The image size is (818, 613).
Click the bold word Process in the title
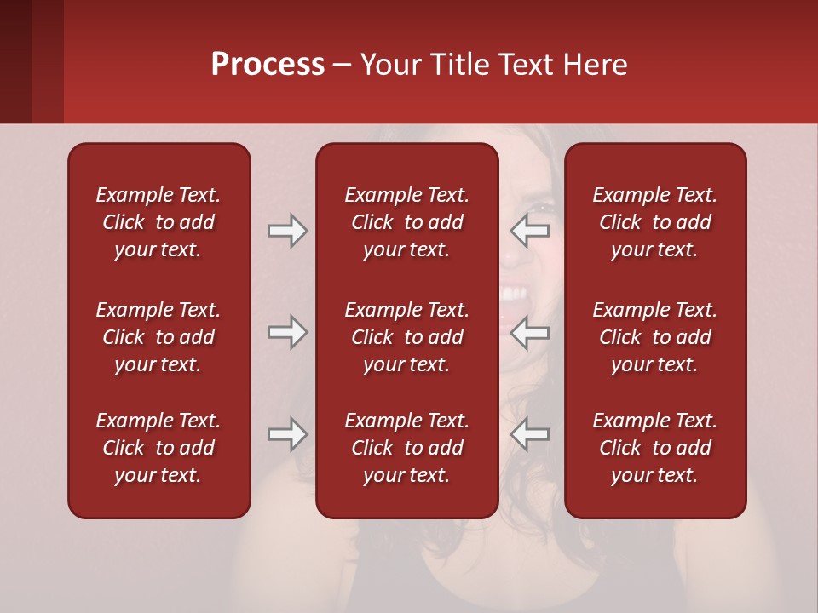coord(268,65)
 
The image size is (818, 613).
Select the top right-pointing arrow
coord(287,231)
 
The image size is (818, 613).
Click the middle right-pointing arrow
coord(287,332)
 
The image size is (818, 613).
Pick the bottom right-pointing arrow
coord(287,434)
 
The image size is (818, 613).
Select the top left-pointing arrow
coord(530,231)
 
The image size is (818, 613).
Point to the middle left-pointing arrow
coord(530,332)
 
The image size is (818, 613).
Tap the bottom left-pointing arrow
coord(530,434)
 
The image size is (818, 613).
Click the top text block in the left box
coord(158,222)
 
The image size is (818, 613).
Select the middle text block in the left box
coord(158,337)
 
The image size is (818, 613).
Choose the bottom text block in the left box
coord(158,448)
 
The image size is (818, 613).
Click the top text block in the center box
coord(406,222)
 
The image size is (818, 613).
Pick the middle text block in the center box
coord(406,337)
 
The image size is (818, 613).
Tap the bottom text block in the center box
coord(406,448)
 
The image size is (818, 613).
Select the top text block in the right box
coord(654,222)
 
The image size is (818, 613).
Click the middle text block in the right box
coord(654,337)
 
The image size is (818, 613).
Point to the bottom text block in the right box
coord(654,448)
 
